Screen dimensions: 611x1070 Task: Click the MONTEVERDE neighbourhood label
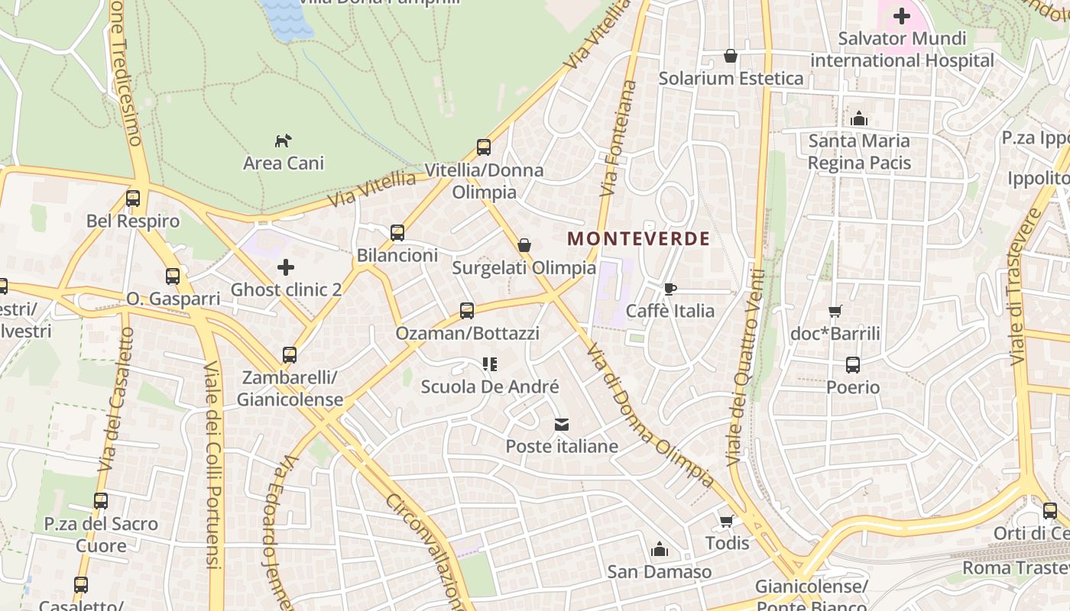[639, 238]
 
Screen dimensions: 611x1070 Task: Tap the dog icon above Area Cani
[284, 141]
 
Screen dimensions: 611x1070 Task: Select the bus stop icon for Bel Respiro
[133, 199]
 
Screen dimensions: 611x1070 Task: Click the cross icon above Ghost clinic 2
[285, 267]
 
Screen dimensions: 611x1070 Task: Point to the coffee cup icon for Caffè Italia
[670, 289]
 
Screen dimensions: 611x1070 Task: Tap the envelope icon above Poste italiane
[562, 424]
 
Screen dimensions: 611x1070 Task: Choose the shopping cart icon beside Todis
[726, 521]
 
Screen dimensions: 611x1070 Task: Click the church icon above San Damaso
[659, 549]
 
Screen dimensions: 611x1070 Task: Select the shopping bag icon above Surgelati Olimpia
[524, 245]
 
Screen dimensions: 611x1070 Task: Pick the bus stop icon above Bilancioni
[397, 233]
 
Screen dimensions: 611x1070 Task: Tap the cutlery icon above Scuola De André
[490, 364]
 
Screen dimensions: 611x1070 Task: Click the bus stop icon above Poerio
[853, 365]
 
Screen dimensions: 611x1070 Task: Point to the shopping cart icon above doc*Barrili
[835, 311]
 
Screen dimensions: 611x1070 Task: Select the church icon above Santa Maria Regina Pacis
[859, 118]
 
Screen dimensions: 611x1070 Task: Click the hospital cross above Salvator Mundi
[902, 15]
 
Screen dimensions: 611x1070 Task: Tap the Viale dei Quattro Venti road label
[746, 367]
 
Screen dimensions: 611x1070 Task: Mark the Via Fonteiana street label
[619, 137]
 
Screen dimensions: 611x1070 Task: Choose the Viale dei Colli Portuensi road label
[212, 466]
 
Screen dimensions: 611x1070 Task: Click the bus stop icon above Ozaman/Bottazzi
[467, 311]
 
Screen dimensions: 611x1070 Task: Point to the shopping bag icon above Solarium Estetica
[731, 56]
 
